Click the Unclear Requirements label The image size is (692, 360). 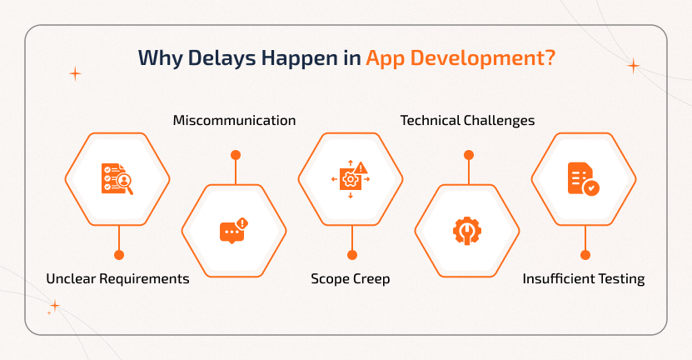118,279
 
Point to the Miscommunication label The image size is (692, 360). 234,121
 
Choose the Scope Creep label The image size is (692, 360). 351,279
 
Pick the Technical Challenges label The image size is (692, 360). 467,121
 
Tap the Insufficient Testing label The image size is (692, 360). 584,279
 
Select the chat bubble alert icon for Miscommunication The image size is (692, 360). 234,230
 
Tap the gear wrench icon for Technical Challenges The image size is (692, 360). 467,230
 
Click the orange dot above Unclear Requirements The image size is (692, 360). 119,255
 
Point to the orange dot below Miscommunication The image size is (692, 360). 236,155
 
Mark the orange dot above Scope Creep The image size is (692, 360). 352,255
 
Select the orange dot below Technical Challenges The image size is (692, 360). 469,155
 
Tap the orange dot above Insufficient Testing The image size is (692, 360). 585,255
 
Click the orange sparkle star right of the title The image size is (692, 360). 633,66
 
